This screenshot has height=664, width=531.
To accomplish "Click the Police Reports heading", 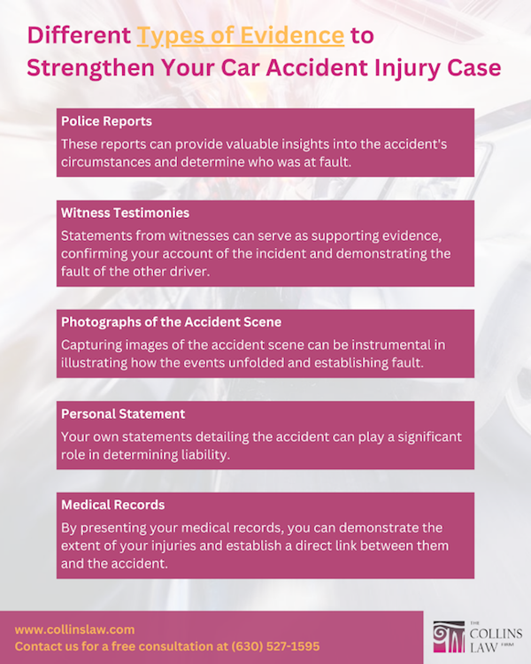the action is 106,121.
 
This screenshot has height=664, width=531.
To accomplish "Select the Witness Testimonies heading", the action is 125,212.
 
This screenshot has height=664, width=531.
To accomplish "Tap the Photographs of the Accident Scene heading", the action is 171,322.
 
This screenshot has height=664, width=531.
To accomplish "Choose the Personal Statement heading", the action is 123,413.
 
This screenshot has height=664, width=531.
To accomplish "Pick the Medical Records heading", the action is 112,505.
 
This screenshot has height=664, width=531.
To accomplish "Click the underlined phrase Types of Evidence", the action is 241,36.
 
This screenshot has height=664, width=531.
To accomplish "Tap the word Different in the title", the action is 79,35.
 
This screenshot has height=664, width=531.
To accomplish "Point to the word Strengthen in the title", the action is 90,68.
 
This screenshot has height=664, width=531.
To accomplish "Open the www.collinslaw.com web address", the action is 74,629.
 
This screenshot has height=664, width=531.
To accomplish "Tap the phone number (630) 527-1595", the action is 275,646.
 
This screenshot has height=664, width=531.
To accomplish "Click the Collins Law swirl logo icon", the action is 449,637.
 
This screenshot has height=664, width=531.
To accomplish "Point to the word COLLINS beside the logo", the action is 496,634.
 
